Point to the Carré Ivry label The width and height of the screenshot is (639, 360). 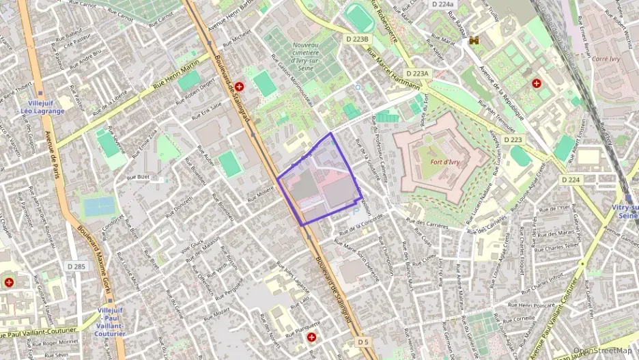606,59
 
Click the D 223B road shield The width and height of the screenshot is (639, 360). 357,40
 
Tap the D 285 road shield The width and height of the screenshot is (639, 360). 77,266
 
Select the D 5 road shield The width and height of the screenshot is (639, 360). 363,342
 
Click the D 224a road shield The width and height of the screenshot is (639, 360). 442,4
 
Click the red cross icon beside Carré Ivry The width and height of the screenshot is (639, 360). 537,83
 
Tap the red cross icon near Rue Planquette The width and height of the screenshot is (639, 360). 312,337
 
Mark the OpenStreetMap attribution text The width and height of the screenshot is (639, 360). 602,350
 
